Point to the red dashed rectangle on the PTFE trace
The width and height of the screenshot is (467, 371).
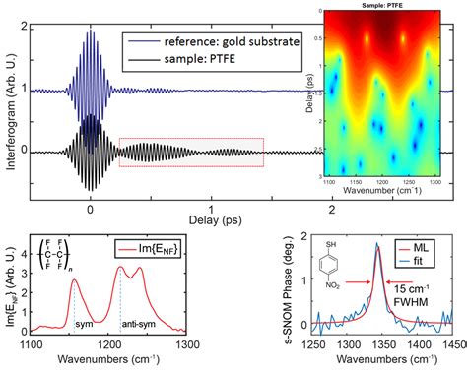point(191,152)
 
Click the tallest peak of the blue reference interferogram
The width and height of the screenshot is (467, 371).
point(91,31)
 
